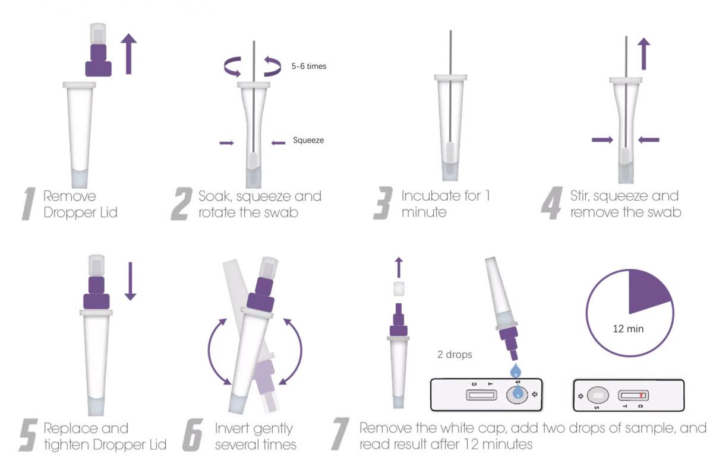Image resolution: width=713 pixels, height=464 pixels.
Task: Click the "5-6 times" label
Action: pyautogui.click(x=309, y=66)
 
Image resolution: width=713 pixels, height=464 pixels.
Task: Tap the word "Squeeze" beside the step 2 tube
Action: pyautogui.click(x=308, y=140)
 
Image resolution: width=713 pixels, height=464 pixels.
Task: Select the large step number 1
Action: pyautogui.click(x=29, y=204)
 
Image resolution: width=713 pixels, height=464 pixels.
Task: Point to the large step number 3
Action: pyautogui.click(x=383, y=203)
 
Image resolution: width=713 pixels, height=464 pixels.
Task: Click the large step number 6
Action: pyautogui.click(x=193, y=435)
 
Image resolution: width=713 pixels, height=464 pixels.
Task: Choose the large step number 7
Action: pyautogui.click(x=340, y=434)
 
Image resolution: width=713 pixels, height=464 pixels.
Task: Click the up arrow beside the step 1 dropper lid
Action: pyautogui.click(x=128, y=53)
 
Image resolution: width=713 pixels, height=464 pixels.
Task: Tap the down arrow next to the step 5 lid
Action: pyautogui.click(x=130, y=281)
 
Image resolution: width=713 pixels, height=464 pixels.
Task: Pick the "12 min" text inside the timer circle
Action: pyautogui.click(x=628, y=329)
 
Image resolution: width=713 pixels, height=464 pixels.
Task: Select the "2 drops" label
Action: pyautogui.click(x=455, y=354)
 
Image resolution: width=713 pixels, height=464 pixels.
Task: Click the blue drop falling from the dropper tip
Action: pyautogui.click(x=516, y=371)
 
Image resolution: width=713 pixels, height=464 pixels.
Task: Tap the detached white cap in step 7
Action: pyautogui.click(x=399, y=288)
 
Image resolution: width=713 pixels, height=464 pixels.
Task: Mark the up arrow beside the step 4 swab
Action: pyautogui.click(x=644, y=53)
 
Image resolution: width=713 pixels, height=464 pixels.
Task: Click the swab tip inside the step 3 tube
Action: pyautogui.click(x=450, y=151)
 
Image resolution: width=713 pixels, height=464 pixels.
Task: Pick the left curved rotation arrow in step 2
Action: pyautogui.click(x=232, y=66)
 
